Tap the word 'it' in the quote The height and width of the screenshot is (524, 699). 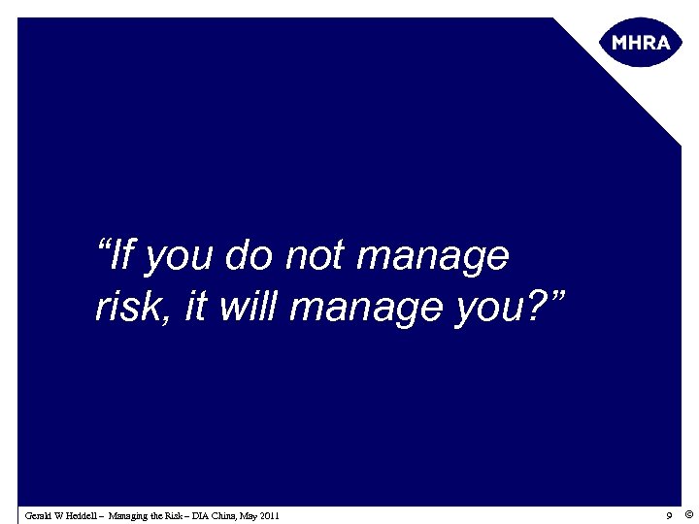(x=194, y=307)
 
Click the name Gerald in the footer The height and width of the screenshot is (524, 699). (x=39, y=515)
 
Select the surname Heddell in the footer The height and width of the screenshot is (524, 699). (x=83, y=515)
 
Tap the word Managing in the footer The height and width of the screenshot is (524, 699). (x=130, y=515)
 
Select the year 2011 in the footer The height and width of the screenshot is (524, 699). (x=270, y=515)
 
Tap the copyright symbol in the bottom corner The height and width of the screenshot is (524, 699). (x=687, y=514)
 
